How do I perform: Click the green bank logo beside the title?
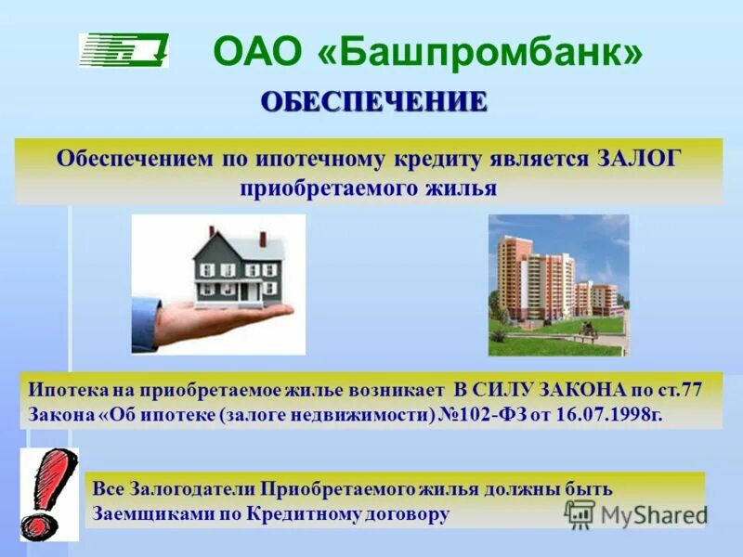[x=123, y=50]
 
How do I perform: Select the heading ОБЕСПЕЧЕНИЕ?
[x=373, y=102]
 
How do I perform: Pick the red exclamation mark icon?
[x=48, y=492]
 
